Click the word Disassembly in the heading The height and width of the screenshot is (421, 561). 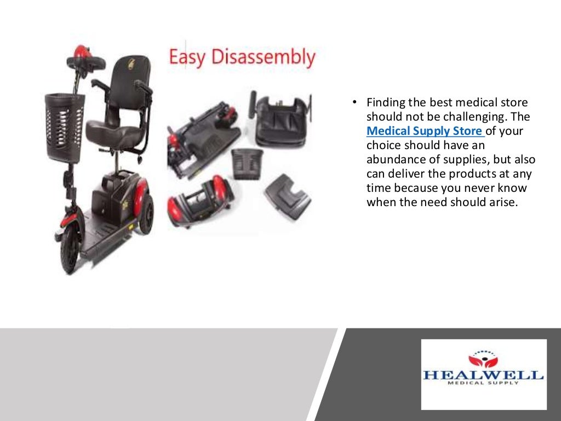262,58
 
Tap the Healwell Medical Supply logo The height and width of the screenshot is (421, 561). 484,374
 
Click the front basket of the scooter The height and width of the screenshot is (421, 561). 65,126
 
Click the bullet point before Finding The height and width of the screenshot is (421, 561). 354,103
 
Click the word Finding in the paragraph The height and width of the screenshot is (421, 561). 386,103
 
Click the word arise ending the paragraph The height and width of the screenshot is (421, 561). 503,202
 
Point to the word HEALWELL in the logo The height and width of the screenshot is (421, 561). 483,376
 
